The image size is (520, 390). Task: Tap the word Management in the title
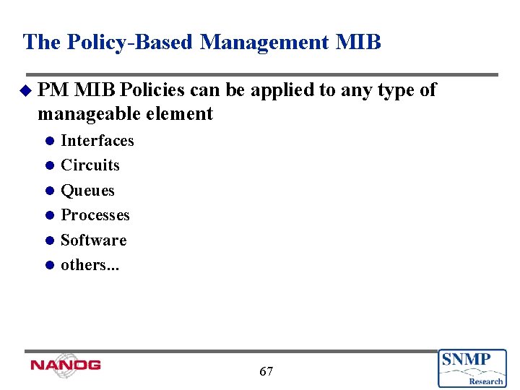pos(265,42)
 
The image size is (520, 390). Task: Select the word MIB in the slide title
pos(358,42)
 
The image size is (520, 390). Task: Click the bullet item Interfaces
pos(97,140)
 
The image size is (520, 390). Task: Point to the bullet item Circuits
pos(90,165)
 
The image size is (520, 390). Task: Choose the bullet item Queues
pos(87,191)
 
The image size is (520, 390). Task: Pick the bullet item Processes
pos(95,215)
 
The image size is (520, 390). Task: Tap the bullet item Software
pos(94,240)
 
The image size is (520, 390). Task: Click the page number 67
pos(266,371)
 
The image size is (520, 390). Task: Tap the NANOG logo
pos(65,365)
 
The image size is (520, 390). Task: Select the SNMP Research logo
pos(472,368)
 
